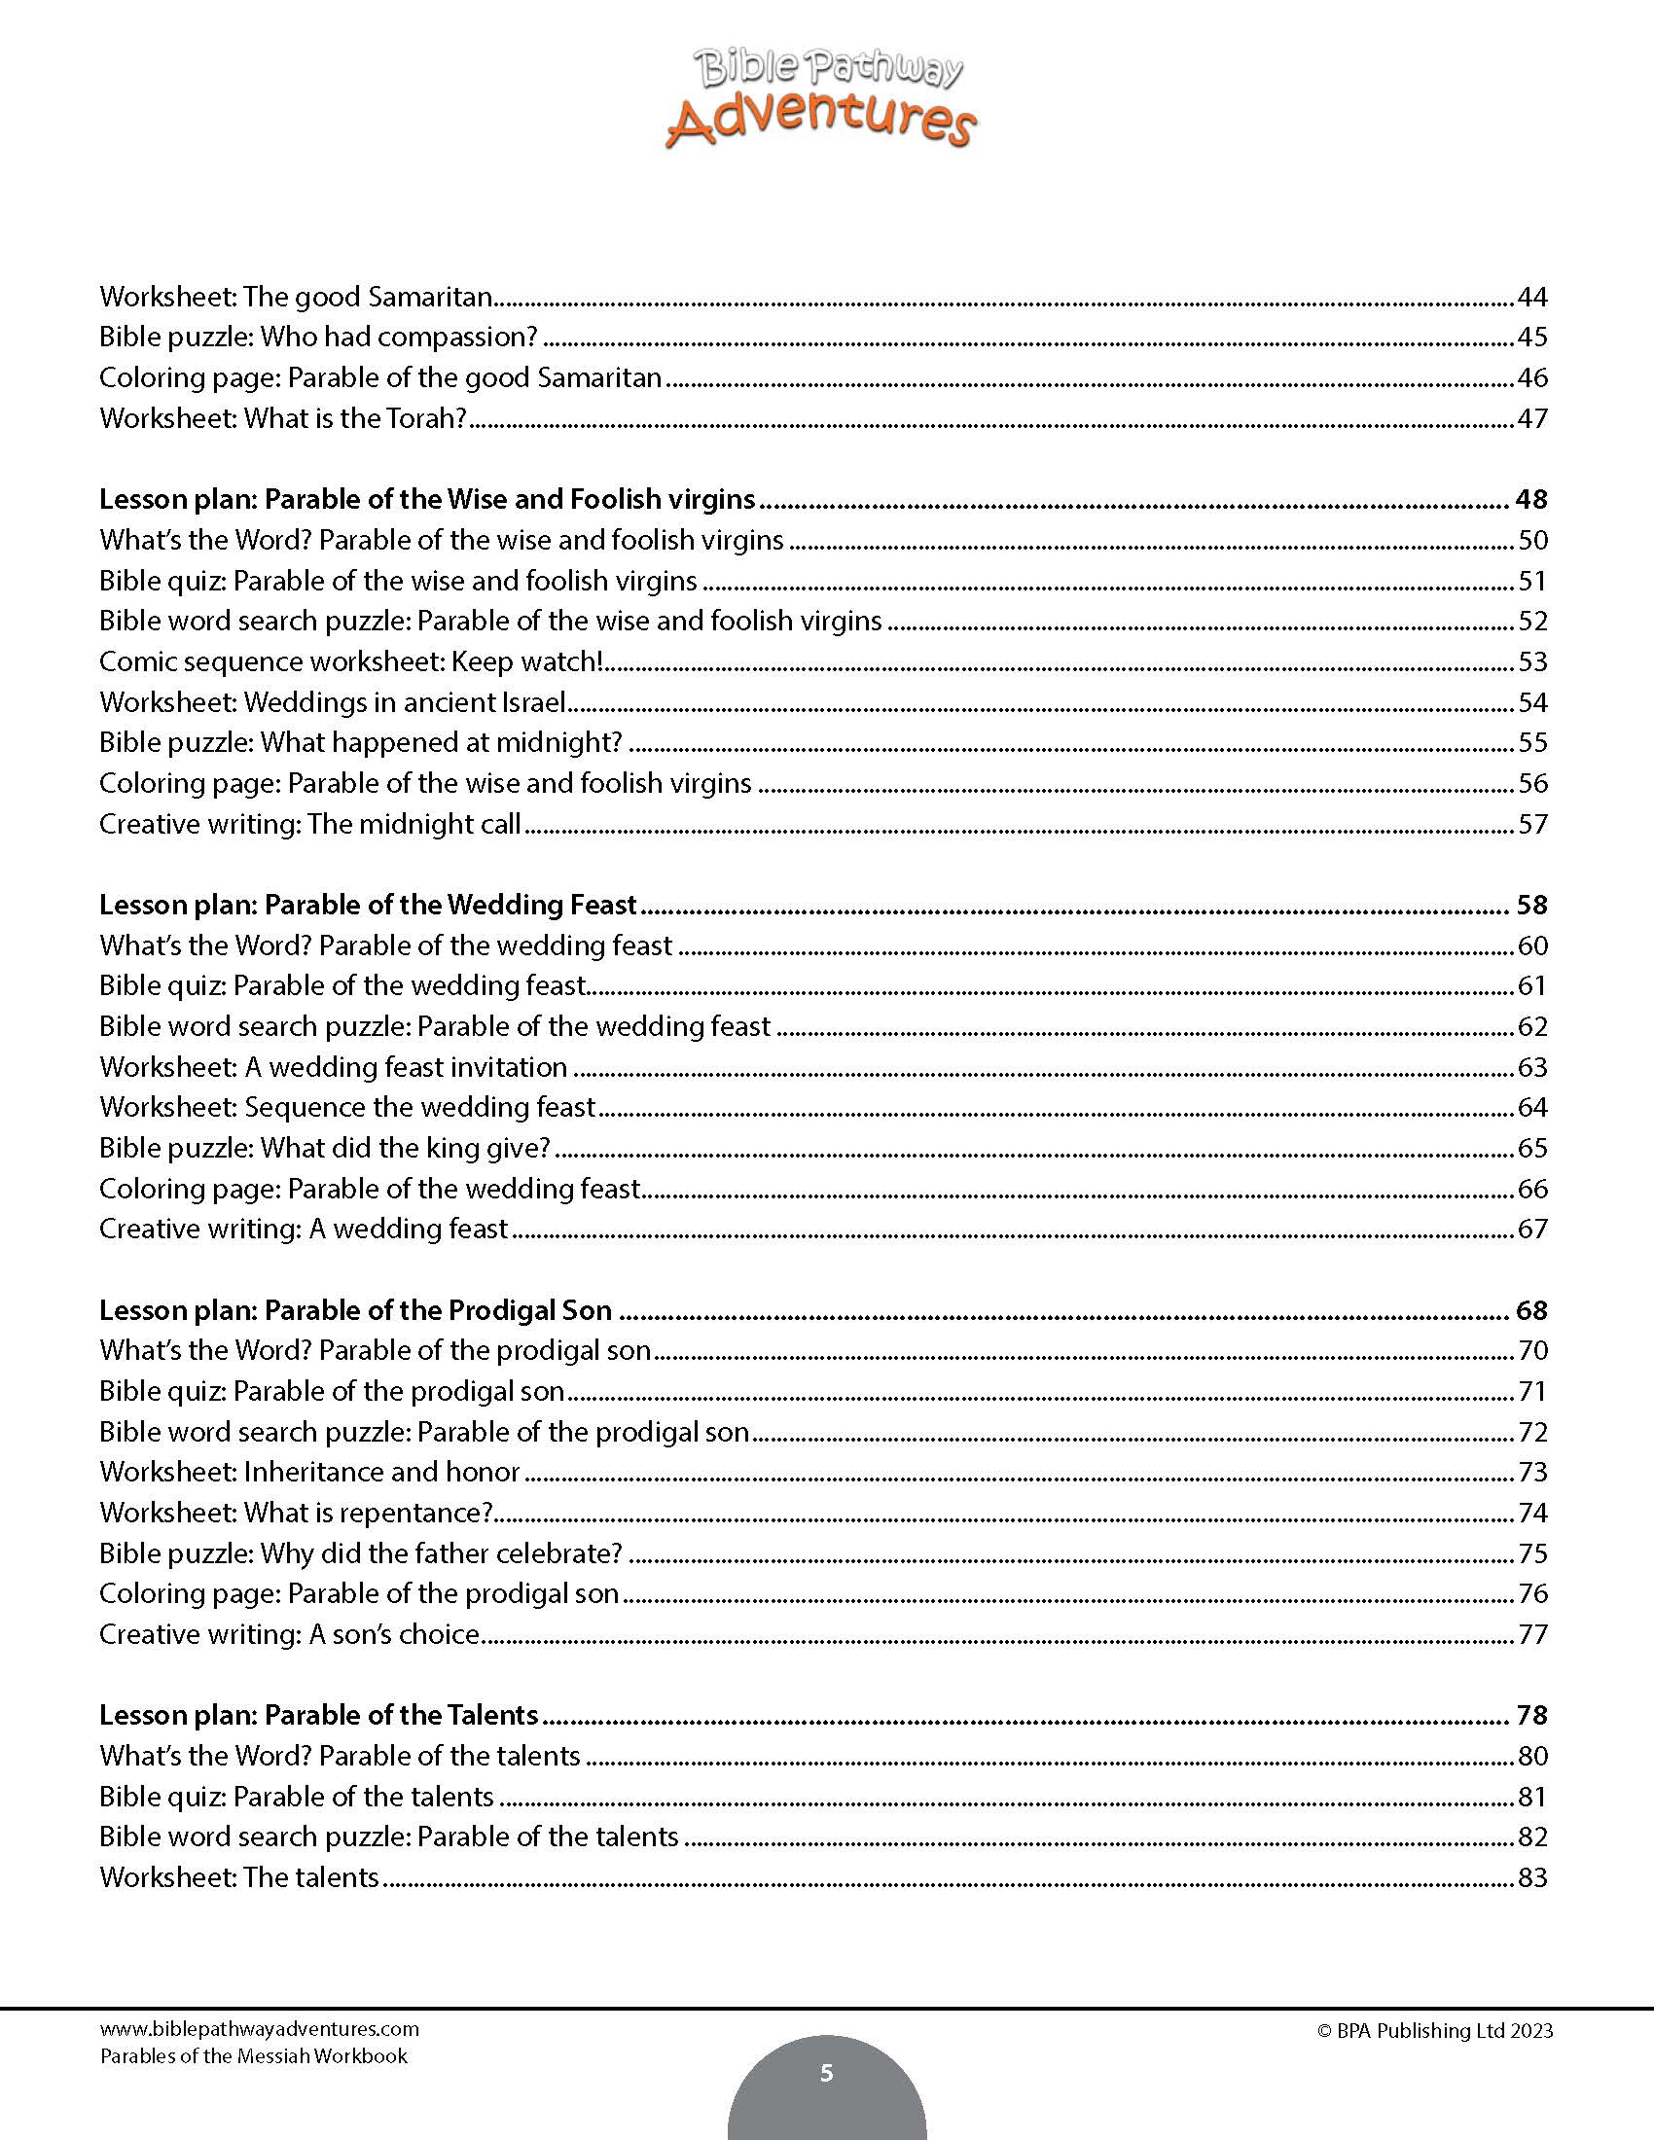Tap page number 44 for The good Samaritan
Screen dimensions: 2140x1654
(x=1531, y=297)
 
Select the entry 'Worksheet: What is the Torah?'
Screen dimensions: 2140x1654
(x=283, y=418)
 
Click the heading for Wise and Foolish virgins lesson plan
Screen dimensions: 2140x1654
(x=427, y=500)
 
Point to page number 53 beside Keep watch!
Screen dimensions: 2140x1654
(x=1532, y=661)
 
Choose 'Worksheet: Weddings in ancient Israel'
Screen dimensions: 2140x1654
(x=332, y=702)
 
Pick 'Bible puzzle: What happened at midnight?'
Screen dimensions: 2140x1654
(x=361, y=743)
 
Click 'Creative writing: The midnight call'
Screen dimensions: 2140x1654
(x=309, y=824)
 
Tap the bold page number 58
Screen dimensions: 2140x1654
(x=1531, y=905)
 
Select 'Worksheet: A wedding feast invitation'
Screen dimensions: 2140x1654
(x=333, y=1067)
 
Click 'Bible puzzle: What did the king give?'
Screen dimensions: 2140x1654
(x=324, y=1148)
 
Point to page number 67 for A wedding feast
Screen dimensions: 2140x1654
(x=1532, y=1229)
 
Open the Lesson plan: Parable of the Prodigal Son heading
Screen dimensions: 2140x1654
(x=356, y=1310)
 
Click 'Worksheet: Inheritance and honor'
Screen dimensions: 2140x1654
(x=309, y=1472)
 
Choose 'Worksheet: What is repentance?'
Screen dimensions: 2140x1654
(x=296, y=1513)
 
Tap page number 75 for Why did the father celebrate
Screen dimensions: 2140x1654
(x=1532, y=1553)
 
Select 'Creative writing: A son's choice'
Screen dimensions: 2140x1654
(x=290, y=1634)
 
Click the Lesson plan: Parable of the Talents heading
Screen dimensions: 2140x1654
(x=318, y=1715)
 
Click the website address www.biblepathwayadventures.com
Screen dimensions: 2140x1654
(x=259, y=2029)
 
